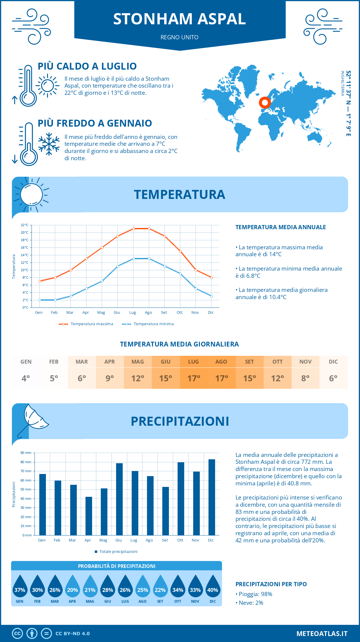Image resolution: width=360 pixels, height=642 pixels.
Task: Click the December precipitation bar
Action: coord(212,497)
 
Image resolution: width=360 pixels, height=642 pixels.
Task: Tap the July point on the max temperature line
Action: coord(133,229)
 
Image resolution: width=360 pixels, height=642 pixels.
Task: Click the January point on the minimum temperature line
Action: coord(40,300)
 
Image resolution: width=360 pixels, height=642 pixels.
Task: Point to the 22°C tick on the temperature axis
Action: coord(25,225)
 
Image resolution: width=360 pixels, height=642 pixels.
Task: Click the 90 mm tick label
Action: coord(26,453)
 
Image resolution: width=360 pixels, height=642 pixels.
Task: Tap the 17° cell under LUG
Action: coord(193,378)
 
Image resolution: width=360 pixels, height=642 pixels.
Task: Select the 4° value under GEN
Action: coord(26,378)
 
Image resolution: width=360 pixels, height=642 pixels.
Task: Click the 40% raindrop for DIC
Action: coord(213,587)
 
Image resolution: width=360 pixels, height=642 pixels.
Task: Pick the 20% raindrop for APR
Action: coord(73,587)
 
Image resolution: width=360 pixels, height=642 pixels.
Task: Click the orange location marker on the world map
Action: coord(265,103)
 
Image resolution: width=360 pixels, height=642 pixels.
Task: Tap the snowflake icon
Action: coord(49,144)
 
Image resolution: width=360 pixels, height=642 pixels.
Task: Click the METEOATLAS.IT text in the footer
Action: coord(322,634)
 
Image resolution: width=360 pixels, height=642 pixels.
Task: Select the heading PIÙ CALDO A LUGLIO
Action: coord(87,66)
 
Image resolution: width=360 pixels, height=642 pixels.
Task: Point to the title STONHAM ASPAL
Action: coord(179,19)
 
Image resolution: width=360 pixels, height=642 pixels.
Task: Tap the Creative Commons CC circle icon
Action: coord(17,634)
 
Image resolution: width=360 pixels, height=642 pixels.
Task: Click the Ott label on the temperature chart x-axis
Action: coord(179,313)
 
